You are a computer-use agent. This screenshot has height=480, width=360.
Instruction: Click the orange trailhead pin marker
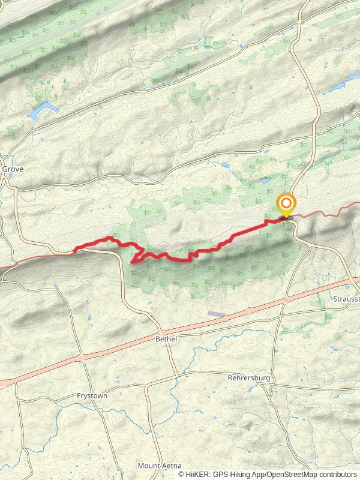pyautogui.click(x=286, y=206)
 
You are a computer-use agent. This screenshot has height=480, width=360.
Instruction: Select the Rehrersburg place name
pyautogui.click(x=250, y=378)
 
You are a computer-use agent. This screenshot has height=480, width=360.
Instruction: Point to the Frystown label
pyautogui.click(x=91, y=396)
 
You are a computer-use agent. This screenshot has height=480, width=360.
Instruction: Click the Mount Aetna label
pyautogui.click(x=157, y=466)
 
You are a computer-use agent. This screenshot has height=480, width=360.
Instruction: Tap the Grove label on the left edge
pyautogui.click(x=13, y=169)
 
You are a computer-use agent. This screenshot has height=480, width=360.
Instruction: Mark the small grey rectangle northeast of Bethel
pyautogui.click(x=217, y=314)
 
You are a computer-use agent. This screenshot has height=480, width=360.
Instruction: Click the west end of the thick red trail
pyautogui.click(x=75, y=249)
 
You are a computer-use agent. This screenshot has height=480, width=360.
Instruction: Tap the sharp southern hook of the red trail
pyautogui.click(x=133, y=261)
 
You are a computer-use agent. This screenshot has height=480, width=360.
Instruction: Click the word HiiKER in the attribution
pyautogui.click(x=197, y=474)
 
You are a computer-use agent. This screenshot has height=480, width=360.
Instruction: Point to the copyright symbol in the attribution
pyautogui.click(x=181, y=474)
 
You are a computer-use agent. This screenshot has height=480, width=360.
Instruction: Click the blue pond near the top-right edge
pyautogui.click(x=339, y=85)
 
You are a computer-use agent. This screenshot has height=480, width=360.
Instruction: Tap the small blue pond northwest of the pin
pyautogui.click(x=265, y=181)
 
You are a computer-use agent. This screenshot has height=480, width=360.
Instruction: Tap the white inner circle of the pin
pyautogui.click(x=286, y=203)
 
